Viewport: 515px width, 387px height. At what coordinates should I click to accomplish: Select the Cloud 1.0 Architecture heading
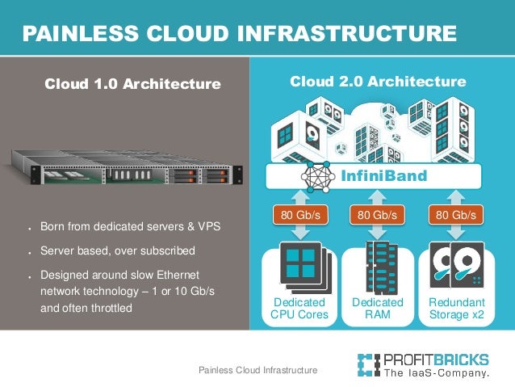(132, 83)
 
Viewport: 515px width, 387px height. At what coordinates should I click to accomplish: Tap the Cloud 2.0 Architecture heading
(378, 82)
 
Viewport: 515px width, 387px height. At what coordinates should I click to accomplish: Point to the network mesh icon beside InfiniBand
(316, 176)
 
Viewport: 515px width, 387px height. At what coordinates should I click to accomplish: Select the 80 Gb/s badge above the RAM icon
(378, 215)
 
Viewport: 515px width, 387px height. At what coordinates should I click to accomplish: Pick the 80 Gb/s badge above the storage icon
(455, 215)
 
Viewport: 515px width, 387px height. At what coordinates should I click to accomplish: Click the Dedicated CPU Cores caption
(300, 309)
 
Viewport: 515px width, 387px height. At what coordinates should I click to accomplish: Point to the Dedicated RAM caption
(378, 309)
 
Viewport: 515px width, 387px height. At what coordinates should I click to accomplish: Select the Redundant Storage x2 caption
(456, 309)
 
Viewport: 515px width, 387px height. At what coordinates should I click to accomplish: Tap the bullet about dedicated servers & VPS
(130, 225)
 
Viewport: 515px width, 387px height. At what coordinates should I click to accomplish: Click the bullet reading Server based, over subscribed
(118, 250)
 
